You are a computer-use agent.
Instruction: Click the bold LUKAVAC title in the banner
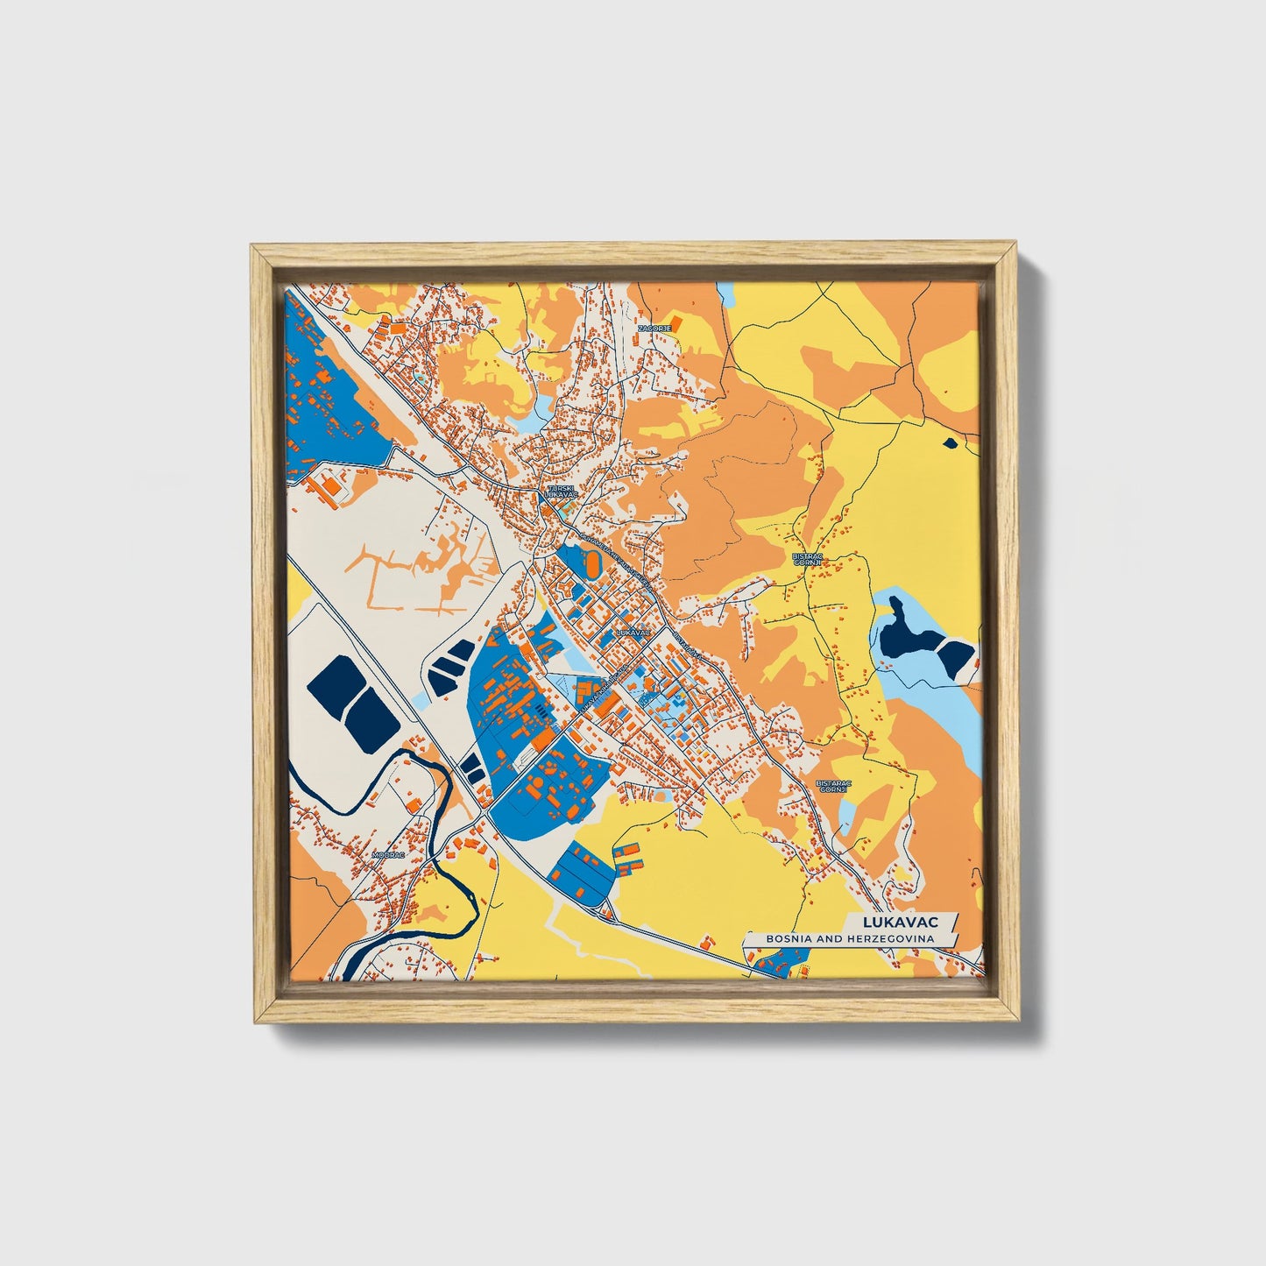pos(900,922)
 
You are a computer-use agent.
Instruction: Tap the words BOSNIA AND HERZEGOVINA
pos(849,938)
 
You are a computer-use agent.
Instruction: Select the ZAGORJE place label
pos(654,328)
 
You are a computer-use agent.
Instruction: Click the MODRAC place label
pos(388,853)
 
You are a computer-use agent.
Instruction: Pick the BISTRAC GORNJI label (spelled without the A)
pos(805,559)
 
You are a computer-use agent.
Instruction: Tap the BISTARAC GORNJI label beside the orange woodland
pos(832,786)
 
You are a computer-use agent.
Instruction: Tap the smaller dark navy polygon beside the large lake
pos(957,657)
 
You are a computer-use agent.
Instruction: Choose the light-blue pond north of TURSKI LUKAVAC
pos(532,419)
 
